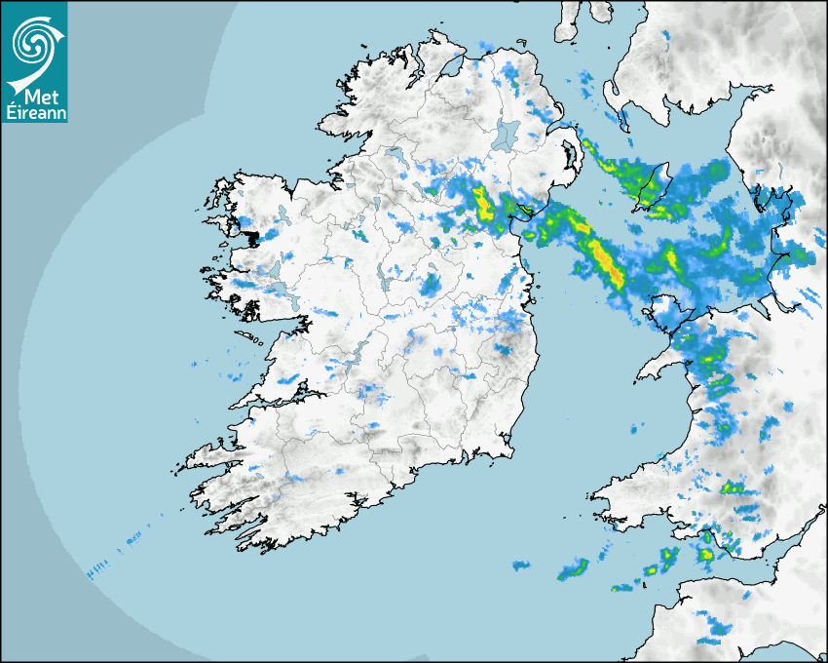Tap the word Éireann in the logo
tap(34, 112)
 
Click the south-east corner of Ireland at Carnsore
tap(508, 450)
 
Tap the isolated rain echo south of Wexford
tap(521, 565)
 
